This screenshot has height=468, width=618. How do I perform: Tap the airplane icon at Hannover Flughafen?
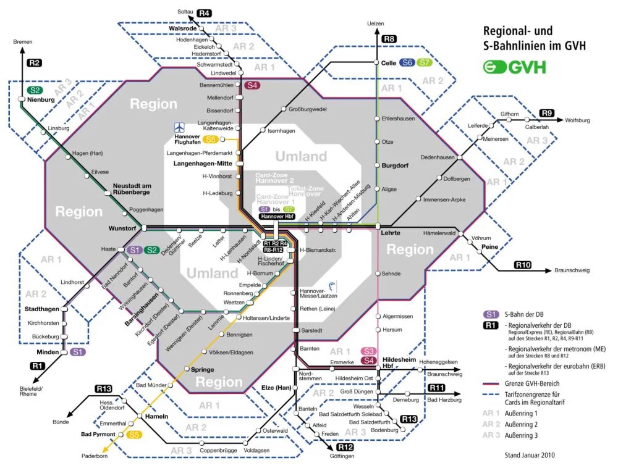(180, 128)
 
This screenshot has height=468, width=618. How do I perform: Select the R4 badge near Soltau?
(205, 13)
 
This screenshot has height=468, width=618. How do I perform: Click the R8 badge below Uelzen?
(389, 40)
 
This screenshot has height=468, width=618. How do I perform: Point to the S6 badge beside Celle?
(407, 62)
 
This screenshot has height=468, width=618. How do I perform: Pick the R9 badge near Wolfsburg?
(546, 113)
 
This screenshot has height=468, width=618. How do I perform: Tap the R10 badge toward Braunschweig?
(522, 265)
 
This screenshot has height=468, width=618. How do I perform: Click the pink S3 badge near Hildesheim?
(369, 351)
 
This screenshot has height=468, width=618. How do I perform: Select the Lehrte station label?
(390, 233)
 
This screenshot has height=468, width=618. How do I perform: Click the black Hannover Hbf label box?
(276, 217)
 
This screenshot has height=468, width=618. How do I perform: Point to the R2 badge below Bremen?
(34, 62)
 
